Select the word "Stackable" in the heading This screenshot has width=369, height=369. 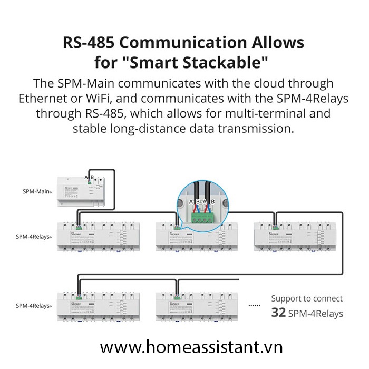pos(233,63)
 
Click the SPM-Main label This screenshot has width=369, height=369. pos(36,191)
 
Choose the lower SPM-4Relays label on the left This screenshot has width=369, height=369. pos(33,305)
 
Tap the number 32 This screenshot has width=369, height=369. pos(278,313)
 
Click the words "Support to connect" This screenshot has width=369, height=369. pos(307,298)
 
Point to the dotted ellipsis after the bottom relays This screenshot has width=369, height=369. pos(255,305)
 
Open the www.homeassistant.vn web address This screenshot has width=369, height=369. pos(184,347)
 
